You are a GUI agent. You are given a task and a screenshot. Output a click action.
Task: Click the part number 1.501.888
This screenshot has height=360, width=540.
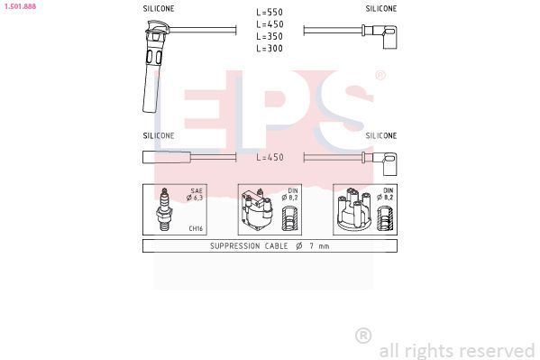coord(20,6)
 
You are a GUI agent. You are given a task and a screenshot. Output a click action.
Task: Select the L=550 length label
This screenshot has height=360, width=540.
coord(270,12)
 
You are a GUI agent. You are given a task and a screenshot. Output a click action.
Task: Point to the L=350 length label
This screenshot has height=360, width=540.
coord(270,36)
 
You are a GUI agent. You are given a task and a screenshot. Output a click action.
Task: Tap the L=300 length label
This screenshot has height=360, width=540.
coord(270,49)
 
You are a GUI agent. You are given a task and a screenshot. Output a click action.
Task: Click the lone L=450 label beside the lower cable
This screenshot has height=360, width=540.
coord(270,157)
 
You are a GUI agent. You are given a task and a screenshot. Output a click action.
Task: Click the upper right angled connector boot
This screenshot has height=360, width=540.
coord(385,35)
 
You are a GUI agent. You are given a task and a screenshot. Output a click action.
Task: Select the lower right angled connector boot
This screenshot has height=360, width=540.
coord(385,162)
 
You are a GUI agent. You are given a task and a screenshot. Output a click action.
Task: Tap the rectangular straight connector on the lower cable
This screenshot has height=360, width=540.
coord(167,157)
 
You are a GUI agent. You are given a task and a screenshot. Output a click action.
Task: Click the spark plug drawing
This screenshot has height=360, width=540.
coord(165,209)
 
